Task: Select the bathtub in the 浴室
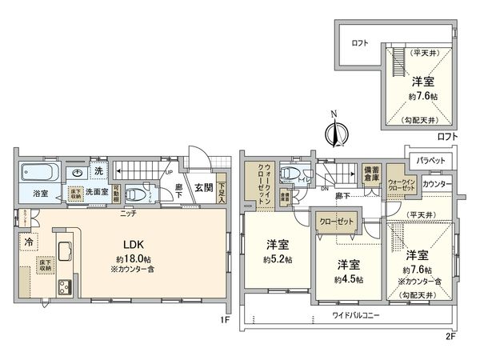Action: click(37, 172)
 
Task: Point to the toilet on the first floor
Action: click(137, 194)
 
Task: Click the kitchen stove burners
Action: click(62, 286)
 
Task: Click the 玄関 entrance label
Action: click(203, 188)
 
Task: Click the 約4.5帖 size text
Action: click(348, 279)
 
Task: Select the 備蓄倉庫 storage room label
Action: click(370, 177)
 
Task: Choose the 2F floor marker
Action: click(450, 335)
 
